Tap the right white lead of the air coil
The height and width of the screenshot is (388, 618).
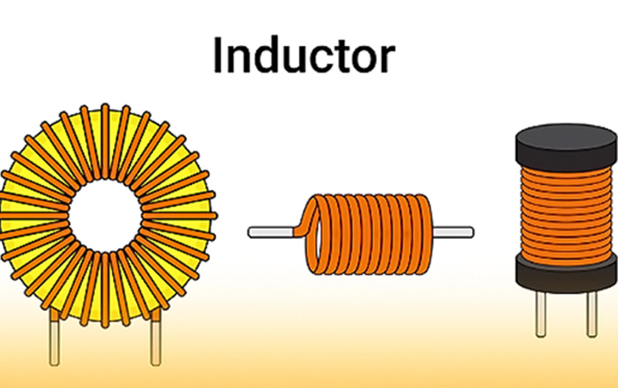coord(452,232)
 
